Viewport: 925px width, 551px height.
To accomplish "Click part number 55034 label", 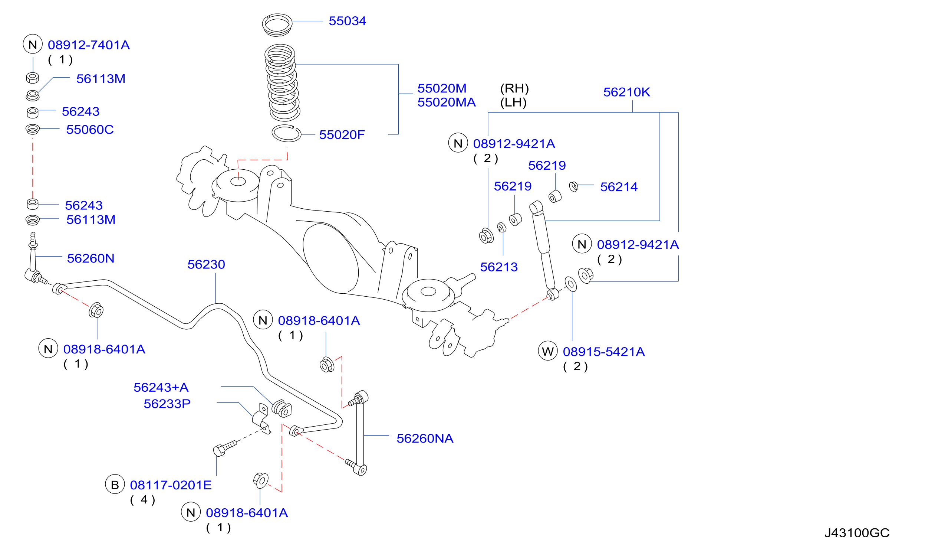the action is click(x=347, y=21).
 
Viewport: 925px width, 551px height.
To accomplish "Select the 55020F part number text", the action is click(x=342, y=134).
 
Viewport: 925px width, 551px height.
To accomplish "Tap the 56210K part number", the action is click(x=626, y=92).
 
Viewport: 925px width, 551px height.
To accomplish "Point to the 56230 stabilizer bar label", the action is click(x=206, y=264).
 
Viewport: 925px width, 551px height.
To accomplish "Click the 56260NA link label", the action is click(x=425, y=438).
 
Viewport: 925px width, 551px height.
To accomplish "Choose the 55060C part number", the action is click(x=90, y=129).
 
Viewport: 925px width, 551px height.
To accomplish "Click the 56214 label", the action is click(x=619, y=186).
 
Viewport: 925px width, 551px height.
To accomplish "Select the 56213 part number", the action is click(x=498, y=267).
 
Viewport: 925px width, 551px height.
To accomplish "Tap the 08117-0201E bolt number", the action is click(x=171, y=485).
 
